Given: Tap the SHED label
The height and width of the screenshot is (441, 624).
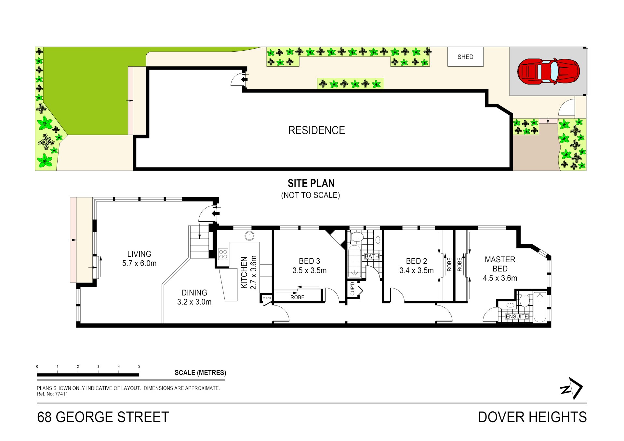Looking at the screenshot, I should tap(465, 57).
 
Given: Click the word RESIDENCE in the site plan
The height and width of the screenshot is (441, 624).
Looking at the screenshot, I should tap(316, 130).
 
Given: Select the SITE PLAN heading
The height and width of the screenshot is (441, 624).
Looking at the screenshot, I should tap(311, 183).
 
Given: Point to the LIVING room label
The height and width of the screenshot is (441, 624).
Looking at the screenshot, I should tap(139, 254).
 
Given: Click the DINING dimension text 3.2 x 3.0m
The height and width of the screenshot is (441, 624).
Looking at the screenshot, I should tap(194, 302).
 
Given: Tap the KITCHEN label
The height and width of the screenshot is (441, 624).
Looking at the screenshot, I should tap(244, 272).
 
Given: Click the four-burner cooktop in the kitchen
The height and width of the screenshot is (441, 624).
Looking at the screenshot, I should tap(223, 254).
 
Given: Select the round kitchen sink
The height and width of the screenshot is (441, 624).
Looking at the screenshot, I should tap(249, 236).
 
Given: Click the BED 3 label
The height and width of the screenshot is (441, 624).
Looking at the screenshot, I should tap(309, 261).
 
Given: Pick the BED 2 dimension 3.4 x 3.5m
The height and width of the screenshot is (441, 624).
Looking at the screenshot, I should tap(416, 270).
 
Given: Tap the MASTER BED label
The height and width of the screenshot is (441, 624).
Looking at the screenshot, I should tap(500, 264).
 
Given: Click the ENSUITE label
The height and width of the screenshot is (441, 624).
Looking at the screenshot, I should tap(517, 316).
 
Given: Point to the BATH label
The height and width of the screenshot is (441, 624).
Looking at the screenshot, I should tap(372, 256).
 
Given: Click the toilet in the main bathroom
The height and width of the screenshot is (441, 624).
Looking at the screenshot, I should tap(357, 237).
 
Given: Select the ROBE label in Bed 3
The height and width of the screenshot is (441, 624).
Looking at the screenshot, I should tap(297, 297).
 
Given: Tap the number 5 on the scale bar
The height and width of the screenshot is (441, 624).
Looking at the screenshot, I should tap(139, 367).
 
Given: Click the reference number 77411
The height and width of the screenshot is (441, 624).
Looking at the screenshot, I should tap(61, 394).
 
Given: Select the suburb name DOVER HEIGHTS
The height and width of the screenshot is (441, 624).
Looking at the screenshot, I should tap(532, 417).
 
